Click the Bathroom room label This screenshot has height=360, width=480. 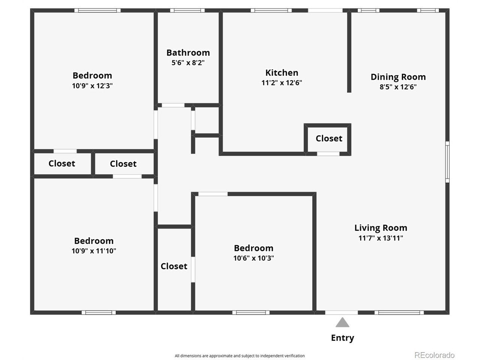coord(188,52)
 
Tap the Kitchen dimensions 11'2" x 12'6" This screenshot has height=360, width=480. coord(282,82)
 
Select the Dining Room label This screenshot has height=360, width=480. coord(398,77)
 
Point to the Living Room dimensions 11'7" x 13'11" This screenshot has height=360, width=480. coord(381,238)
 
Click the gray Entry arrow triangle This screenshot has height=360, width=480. coord(342,322)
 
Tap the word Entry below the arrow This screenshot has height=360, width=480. coord(342,338)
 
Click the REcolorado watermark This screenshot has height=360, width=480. coord(434,355)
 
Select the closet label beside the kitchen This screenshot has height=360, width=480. coord(329,138)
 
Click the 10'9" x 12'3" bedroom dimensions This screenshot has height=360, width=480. coord(92,85)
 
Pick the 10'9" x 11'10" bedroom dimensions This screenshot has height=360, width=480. coord(94,251)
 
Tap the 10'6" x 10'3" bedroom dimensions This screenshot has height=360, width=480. coord(253,258)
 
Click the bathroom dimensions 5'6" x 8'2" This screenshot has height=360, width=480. coord(188,63)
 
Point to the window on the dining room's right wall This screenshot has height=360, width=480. coord(447,162)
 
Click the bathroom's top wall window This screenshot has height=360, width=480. coord(187,10)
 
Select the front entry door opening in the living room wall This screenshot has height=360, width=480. coord(341,313)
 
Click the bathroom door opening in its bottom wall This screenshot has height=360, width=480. coord(173,105)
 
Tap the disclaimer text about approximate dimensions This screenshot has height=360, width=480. coord(240,355)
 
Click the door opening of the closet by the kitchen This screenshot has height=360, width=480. coord(328,154)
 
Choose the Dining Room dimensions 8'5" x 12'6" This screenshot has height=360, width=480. coord(398,87)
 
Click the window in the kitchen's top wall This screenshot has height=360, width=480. coord(271,10)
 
